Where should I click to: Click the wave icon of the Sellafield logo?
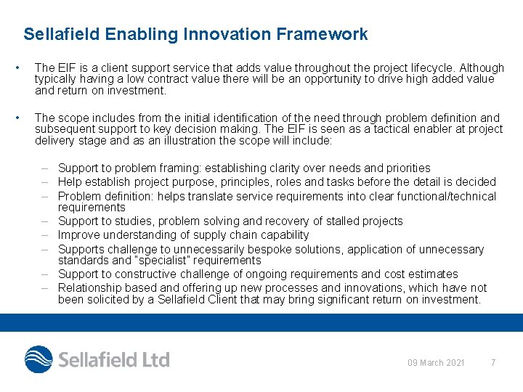pos(38,360)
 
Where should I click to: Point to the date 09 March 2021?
pos(436,362)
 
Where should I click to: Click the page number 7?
pos(493,362)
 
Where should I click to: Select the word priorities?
pos(404,168)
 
